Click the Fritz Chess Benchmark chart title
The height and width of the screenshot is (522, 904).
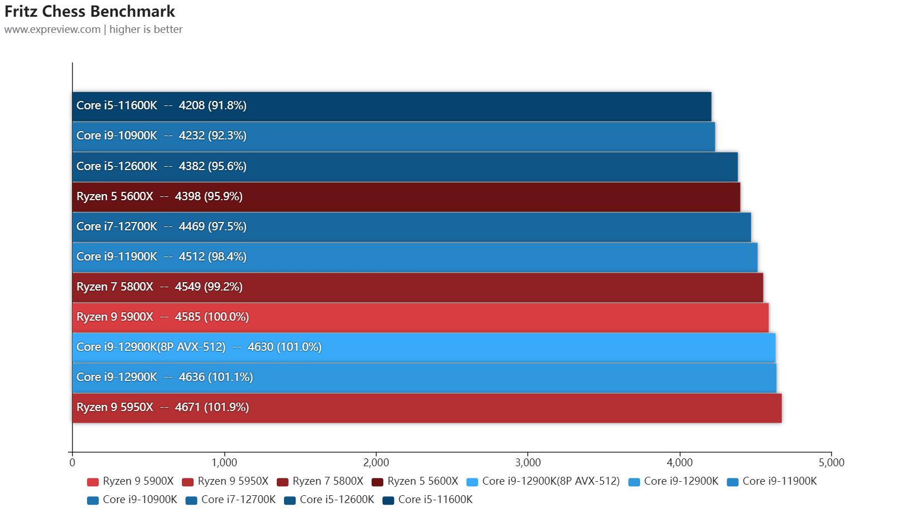tap(90, 11)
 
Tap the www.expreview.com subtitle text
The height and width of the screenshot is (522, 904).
tap(52, 29)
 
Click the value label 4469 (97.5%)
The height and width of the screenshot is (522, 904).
tap(212, 226)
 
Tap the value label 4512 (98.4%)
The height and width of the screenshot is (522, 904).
tap(212, 257)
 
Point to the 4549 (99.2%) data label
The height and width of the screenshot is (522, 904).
tap(209, 287)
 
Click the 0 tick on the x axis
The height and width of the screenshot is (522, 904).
tap(73, 462)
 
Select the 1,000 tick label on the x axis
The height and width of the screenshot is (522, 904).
tap(224, 462)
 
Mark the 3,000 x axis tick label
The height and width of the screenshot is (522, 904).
tap(528, 462)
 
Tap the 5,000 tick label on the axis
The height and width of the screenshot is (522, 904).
tap(831, 462)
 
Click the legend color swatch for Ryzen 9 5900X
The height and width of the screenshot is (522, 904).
tap(93, 482)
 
